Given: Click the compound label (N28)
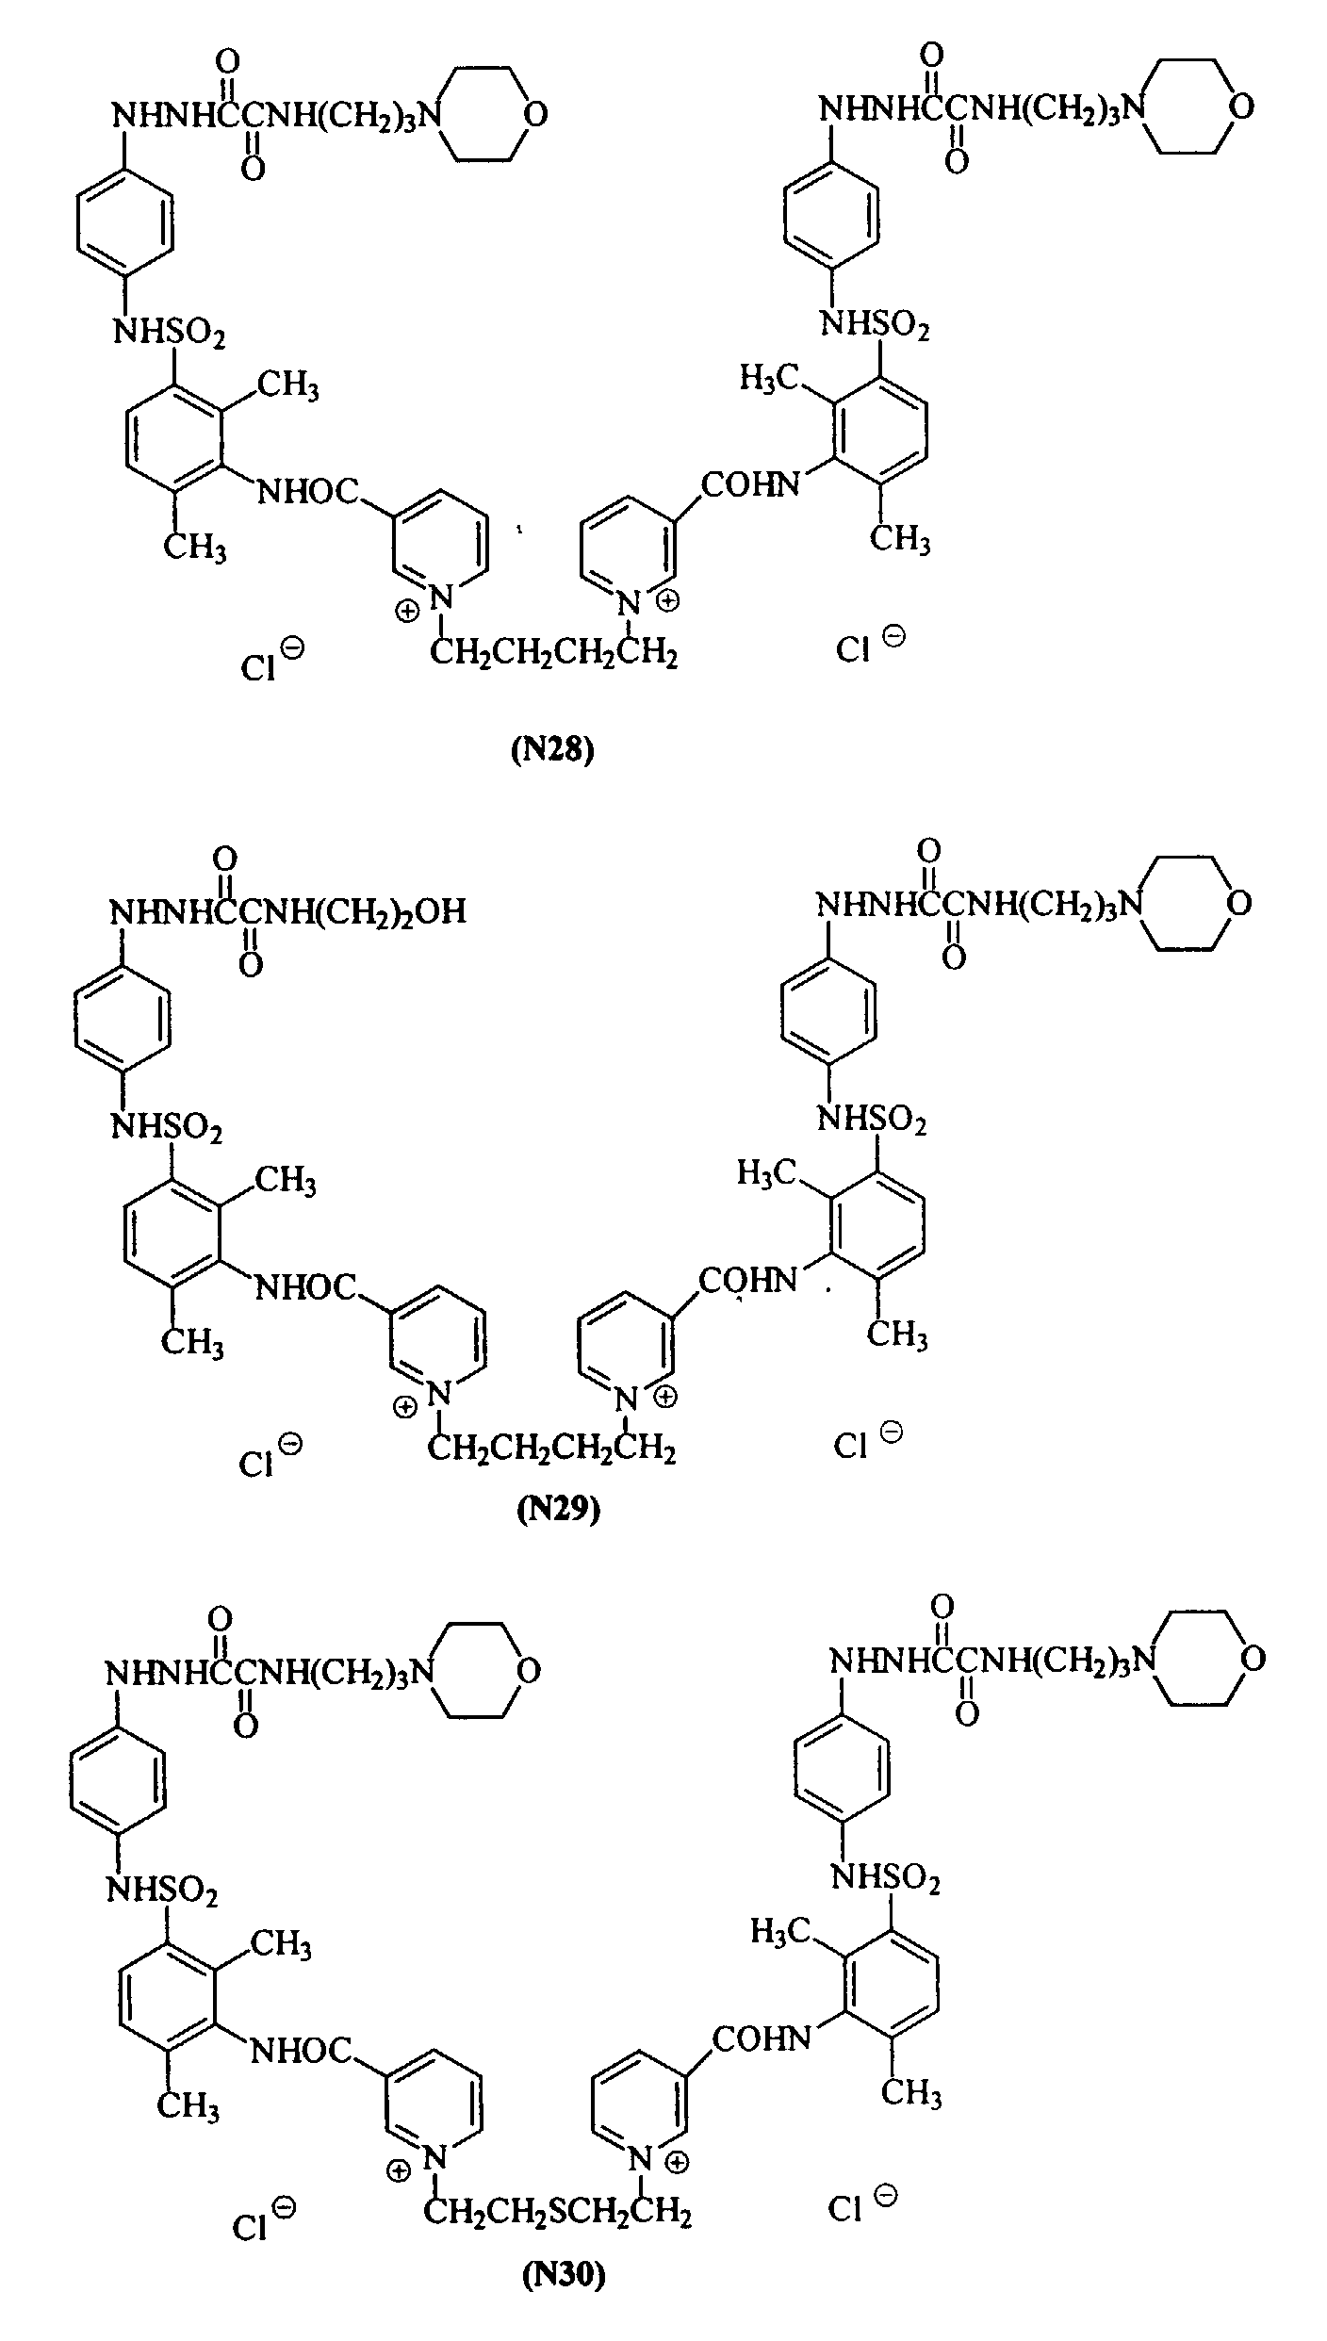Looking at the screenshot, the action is click(x=553, y=751).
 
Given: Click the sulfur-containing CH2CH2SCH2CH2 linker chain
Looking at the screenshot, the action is click(x=557, y=2205).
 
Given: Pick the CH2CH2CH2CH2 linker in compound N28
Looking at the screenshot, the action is click(x=553, y=652).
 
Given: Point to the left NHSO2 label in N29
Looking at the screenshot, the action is click(x=167, y=1126).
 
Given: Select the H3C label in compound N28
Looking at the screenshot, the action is click(x=769, y=379).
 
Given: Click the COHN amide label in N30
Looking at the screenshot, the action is click(x=762, y=2038).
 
